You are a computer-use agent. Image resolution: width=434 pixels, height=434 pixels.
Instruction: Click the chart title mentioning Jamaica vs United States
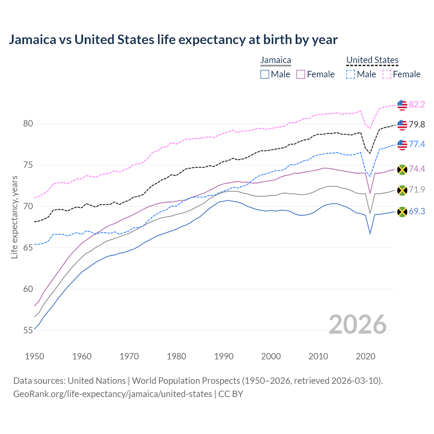tap(173, 40)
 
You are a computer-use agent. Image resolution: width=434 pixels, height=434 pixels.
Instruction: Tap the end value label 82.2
tap(417, 104)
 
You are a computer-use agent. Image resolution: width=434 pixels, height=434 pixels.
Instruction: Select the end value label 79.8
tap(417, 124)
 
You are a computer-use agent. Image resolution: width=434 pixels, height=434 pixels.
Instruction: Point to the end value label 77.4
tap(417, 144)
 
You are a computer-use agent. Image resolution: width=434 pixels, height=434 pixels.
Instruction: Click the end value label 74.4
tap(417, 169)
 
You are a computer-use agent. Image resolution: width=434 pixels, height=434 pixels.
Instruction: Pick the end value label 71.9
tap(417, 190)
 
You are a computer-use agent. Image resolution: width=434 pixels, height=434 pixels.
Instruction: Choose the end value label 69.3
tap(417, 212)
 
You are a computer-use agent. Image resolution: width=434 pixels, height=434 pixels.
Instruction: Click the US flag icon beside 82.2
tap(402, 105)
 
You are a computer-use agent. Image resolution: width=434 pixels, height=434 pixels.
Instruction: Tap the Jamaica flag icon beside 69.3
tap(402, 212)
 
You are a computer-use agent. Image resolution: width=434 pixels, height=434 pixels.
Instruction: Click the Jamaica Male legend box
tap(265, 74)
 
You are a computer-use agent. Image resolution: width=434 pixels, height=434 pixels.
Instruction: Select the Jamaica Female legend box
tap(301, 74)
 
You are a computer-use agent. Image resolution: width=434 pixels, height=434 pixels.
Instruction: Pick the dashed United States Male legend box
tap(351, 74)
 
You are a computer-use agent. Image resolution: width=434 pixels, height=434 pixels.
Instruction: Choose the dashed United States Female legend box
tap(387, 74)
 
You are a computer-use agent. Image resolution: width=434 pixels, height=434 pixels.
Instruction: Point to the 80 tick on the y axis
tap(28, 124)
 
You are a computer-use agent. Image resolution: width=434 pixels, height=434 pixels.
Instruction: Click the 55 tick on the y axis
tap(28, 330)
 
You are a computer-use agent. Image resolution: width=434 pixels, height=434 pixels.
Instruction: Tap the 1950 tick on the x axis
tap(35, 356)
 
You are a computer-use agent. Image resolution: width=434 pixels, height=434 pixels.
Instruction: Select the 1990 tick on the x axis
tap(224, 356)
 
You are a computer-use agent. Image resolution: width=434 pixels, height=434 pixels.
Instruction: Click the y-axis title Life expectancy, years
tap(15, 217)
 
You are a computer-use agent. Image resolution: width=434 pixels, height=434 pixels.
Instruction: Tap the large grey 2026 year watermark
tap(358, 324)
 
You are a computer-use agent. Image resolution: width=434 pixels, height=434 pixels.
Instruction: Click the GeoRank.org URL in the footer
tap(113, 394)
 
